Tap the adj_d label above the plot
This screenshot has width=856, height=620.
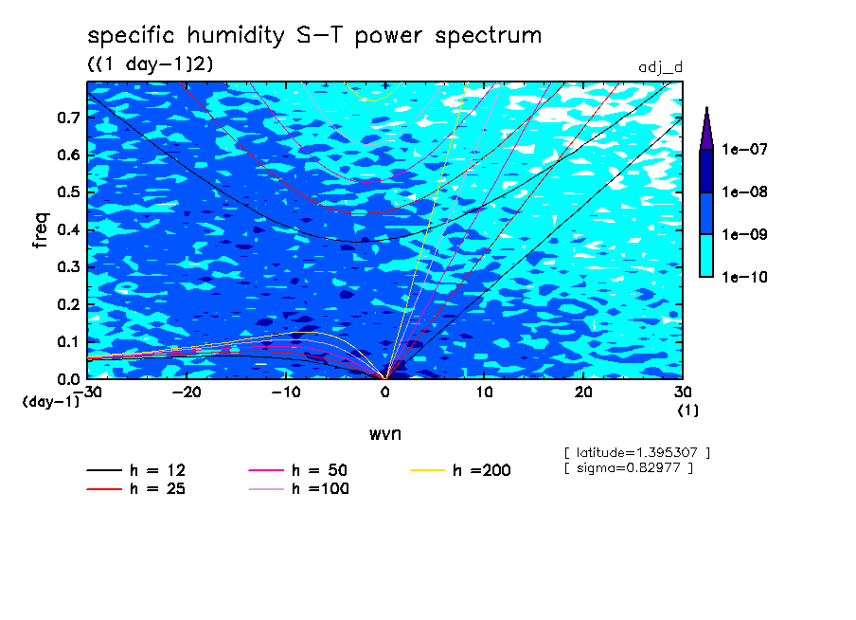click(x=660, y=67)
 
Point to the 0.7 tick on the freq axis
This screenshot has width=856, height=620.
click(x=68, y=118)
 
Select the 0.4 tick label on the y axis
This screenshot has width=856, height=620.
click(x=68, y=229)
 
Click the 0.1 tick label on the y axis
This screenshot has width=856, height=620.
click(x=68, y=341)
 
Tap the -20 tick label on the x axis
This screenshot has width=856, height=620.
click(x=187, y=392)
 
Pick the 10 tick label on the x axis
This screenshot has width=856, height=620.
click(x=484, y=392)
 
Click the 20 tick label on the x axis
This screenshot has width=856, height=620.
click(x=583, y=392)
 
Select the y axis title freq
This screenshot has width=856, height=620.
click(x=41, y=230)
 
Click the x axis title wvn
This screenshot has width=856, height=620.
click(x=384, y=434)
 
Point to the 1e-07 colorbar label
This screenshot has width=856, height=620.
click(x=744, y=149)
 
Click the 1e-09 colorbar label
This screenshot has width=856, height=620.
click(x=744, y=234)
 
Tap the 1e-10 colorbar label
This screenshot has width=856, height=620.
click(x=744, y=277)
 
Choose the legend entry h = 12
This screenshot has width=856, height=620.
click(x=136, y=470)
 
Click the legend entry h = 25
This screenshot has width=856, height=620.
click(x=136, y=488)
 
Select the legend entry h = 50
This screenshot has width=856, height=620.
click(x=298, y=470)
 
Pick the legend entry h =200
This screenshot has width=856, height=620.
click(x=460, y=470)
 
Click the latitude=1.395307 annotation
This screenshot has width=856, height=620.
click(x=637, y=453)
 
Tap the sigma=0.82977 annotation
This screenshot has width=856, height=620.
click(x=629, y=468)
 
